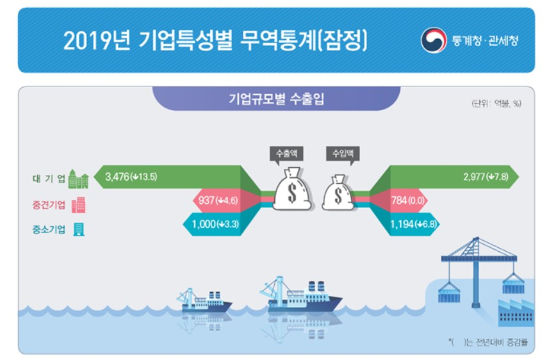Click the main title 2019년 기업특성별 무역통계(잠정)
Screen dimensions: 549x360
pyautogui.click(x=215, y=40)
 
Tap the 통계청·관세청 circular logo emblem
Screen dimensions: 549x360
pyautogui.click(x=434, y=40)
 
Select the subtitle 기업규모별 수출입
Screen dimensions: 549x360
pyautogui.click(x=276, y=99)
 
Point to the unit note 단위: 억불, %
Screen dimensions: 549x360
pyautogui.click(x=496, y=103)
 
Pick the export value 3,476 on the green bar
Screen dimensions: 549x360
pyautogui.click(x=117, y=177)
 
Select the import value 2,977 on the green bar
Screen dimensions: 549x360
pyautogui.click(x=474, y=177)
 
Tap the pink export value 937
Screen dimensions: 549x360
pyautogui.click(x=206, y=200)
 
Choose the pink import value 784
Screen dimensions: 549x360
pyautogui.click(x=399, y=200)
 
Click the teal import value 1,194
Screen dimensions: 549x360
pyautogui.click(x=402, y=224)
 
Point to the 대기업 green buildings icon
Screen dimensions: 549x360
pyautogui.click(x=78, y=179)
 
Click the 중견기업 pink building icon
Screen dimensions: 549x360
pyautogui.click(x=78, y=205)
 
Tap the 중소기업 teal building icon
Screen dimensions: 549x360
pyautogui.click(x=79, y=229)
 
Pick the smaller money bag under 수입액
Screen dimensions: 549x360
pyautogui.click(x=338, y=193)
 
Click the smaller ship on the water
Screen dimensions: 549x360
pyautogui.click(x=204, y=300)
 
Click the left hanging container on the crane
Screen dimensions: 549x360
pyautogui.click(x=449, y=292)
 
